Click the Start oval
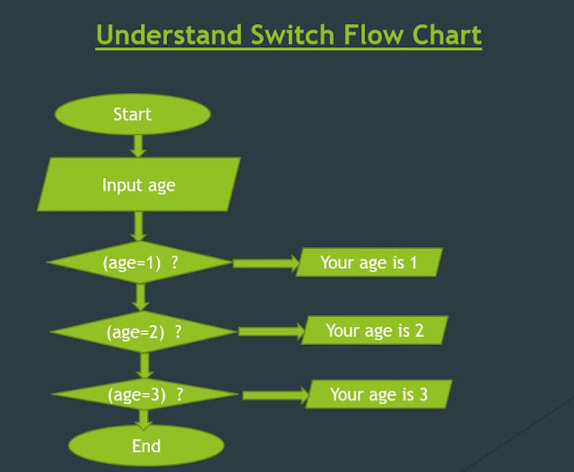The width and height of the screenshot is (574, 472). (133, 114)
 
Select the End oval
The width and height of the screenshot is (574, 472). (146, 445)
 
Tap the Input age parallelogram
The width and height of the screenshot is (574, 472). (139, 185)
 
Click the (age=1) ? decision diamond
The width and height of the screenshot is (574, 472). (139, 263)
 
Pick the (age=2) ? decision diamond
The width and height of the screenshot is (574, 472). (144, 331)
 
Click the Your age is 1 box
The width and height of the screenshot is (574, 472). (370, 262)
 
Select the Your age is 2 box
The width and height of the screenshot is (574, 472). (375, 330)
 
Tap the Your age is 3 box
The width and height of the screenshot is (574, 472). (378, 394)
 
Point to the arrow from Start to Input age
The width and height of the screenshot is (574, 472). (138, 145)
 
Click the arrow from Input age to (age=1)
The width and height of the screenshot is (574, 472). (139, 226)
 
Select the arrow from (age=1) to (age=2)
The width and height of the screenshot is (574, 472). (140, 296)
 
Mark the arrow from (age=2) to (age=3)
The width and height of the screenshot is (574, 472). (143, 364)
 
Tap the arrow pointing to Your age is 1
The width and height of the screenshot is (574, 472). (265, 263)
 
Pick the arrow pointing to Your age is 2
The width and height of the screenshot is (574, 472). (272, 331)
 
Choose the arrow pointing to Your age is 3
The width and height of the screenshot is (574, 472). (275, 395)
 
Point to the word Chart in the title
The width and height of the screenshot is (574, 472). (443, 36)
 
